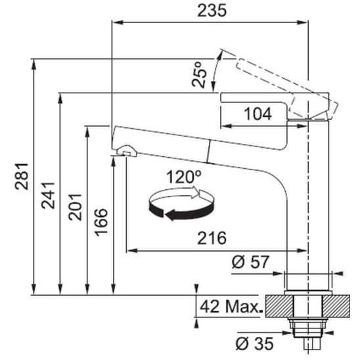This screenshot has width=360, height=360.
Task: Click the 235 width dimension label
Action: tap(212, 11)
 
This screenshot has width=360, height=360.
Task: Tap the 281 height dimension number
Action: tap(22, 177)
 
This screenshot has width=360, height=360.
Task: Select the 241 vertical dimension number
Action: tap(48, 196)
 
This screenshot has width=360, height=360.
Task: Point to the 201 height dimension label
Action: tap(75, 207)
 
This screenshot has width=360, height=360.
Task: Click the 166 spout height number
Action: tap(101, 222)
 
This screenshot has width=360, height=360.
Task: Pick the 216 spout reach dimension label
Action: tap(212, 238)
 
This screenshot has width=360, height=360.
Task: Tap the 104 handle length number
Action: tap(258, 114)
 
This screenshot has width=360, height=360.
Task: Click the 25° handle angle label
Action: tap(199, 75)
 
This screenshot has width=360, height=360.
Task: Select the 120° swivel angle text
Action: tap(184, 177)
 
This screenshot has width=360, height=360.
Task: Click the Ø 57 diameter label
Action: tap(250, 262)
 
